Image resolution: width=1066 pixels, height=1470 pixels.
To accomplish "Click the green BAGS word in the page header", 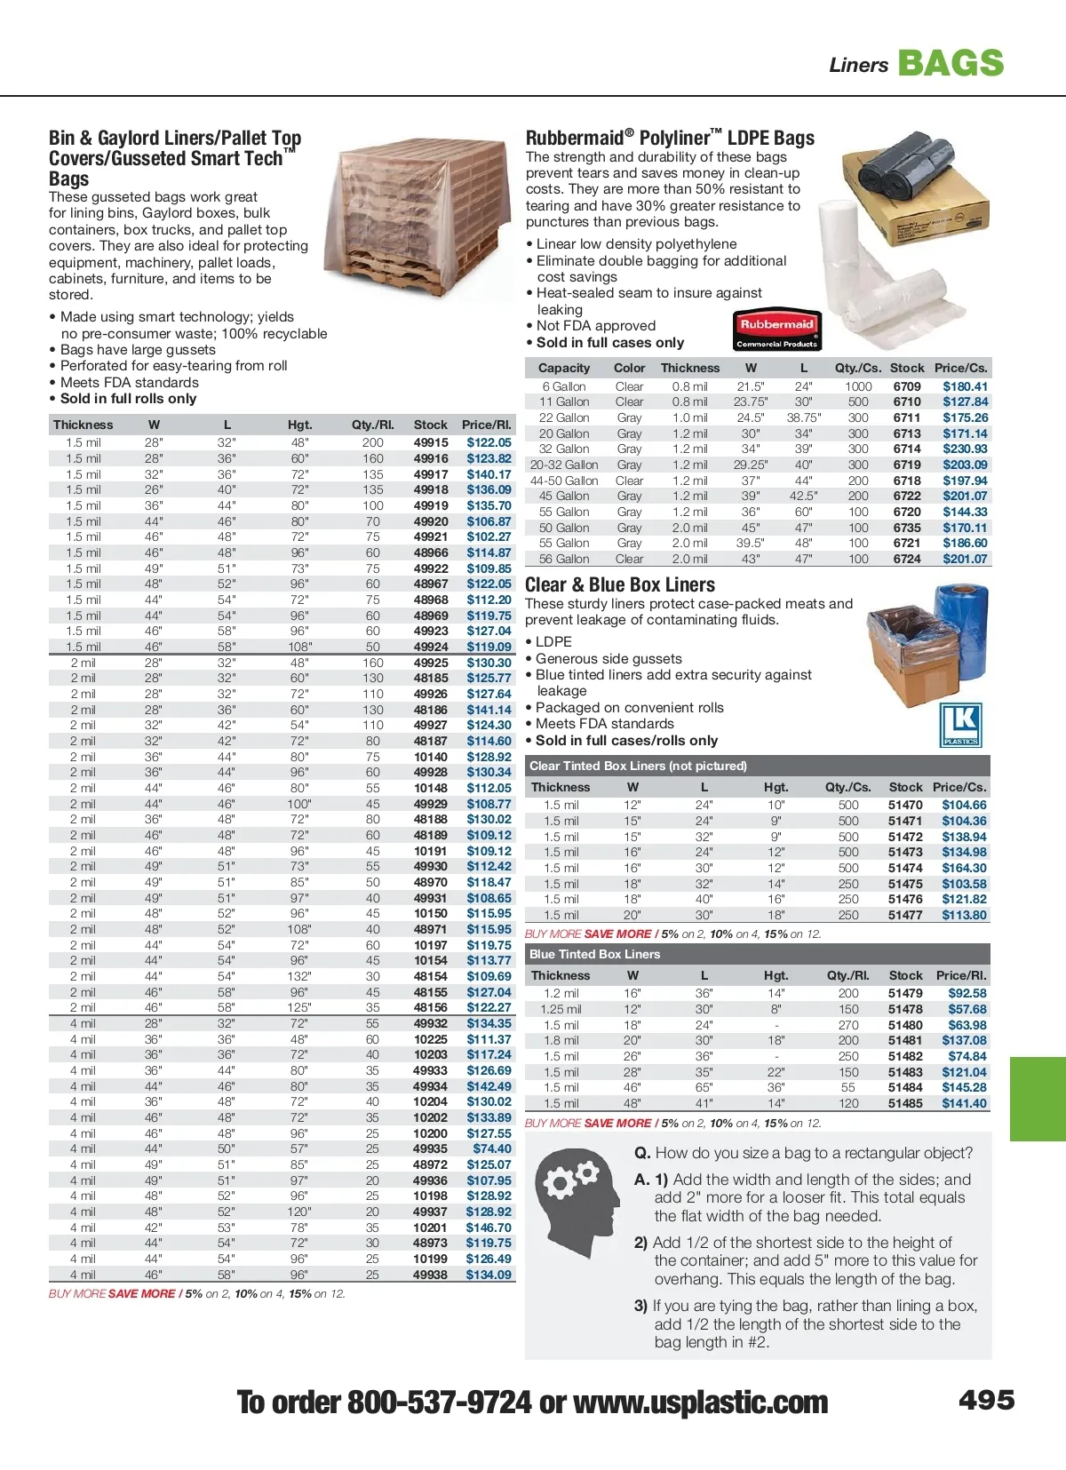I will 951,63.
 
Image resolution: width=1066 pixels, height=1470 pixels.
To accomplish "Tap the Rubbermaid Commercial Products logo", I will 776,330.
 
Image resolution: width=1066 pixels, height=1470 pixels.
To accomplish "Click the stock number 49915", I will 431,442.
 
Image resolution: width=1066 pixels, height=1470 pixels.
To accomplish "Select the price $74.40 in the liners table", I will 491,1148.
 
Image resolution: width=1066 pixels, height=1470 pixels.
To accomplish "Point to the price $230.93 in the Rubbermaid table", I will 965,449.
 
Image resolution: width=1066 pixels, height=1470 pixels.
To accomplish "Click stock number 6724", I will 907,559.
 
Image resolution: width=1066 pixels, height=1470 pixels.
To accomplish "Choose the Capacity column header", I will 564,368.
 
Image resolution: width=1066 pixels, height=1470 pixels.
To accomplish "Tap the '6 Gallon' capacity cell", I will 564,386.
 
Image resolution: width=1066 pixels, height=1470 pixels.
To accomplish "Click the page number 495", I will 986,1401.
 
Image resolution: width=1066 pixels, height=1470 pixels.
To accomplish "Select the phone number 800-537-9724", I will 439,1402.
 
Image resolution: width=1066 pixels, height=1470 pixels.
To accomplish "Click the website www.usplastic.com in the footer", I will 700,1402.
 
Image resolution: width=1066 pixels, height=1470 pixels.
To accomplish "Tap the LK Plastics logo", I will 960,726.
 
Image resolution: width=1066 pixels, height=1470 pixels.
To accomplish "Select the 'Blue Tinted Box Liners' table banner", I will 594,954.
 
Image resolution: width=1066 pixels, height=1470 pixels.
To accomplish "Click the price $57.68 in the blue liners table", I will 967,1009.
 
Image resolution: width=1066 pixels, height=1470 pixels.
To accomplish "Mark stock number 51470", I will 905,805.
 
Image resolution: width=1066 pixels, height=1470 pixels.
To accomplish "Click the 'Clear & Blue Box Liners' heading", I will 620,584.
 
